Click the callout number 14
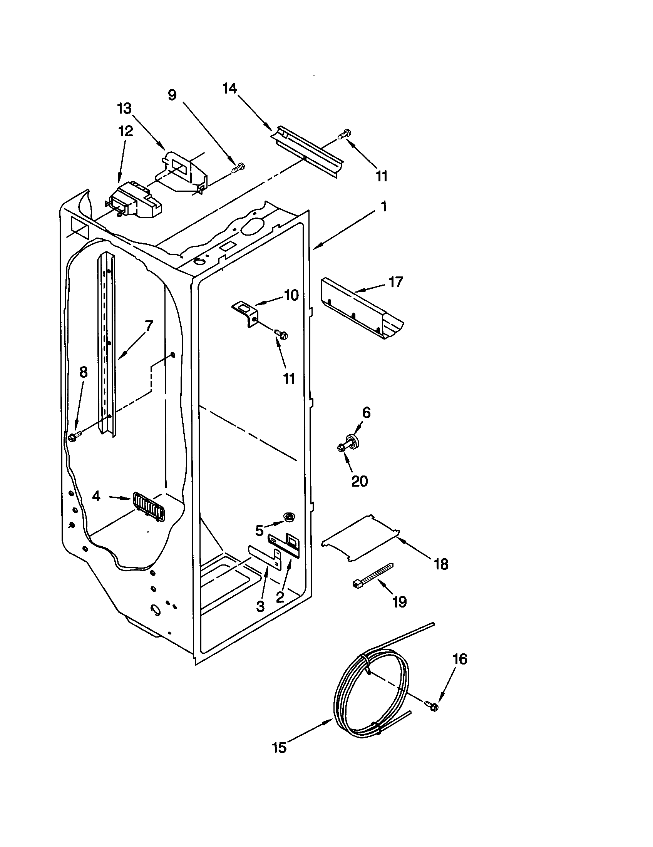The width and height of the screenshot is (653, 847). point(229,89)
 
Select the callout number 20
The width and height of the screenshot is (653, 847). point(359,481)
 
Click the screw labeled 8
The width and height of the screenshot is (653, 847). point(74,437)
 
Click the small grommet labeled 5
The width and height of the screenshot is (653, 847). point(288,516)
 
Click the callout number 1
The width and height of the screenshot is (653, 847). point(383,207)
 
